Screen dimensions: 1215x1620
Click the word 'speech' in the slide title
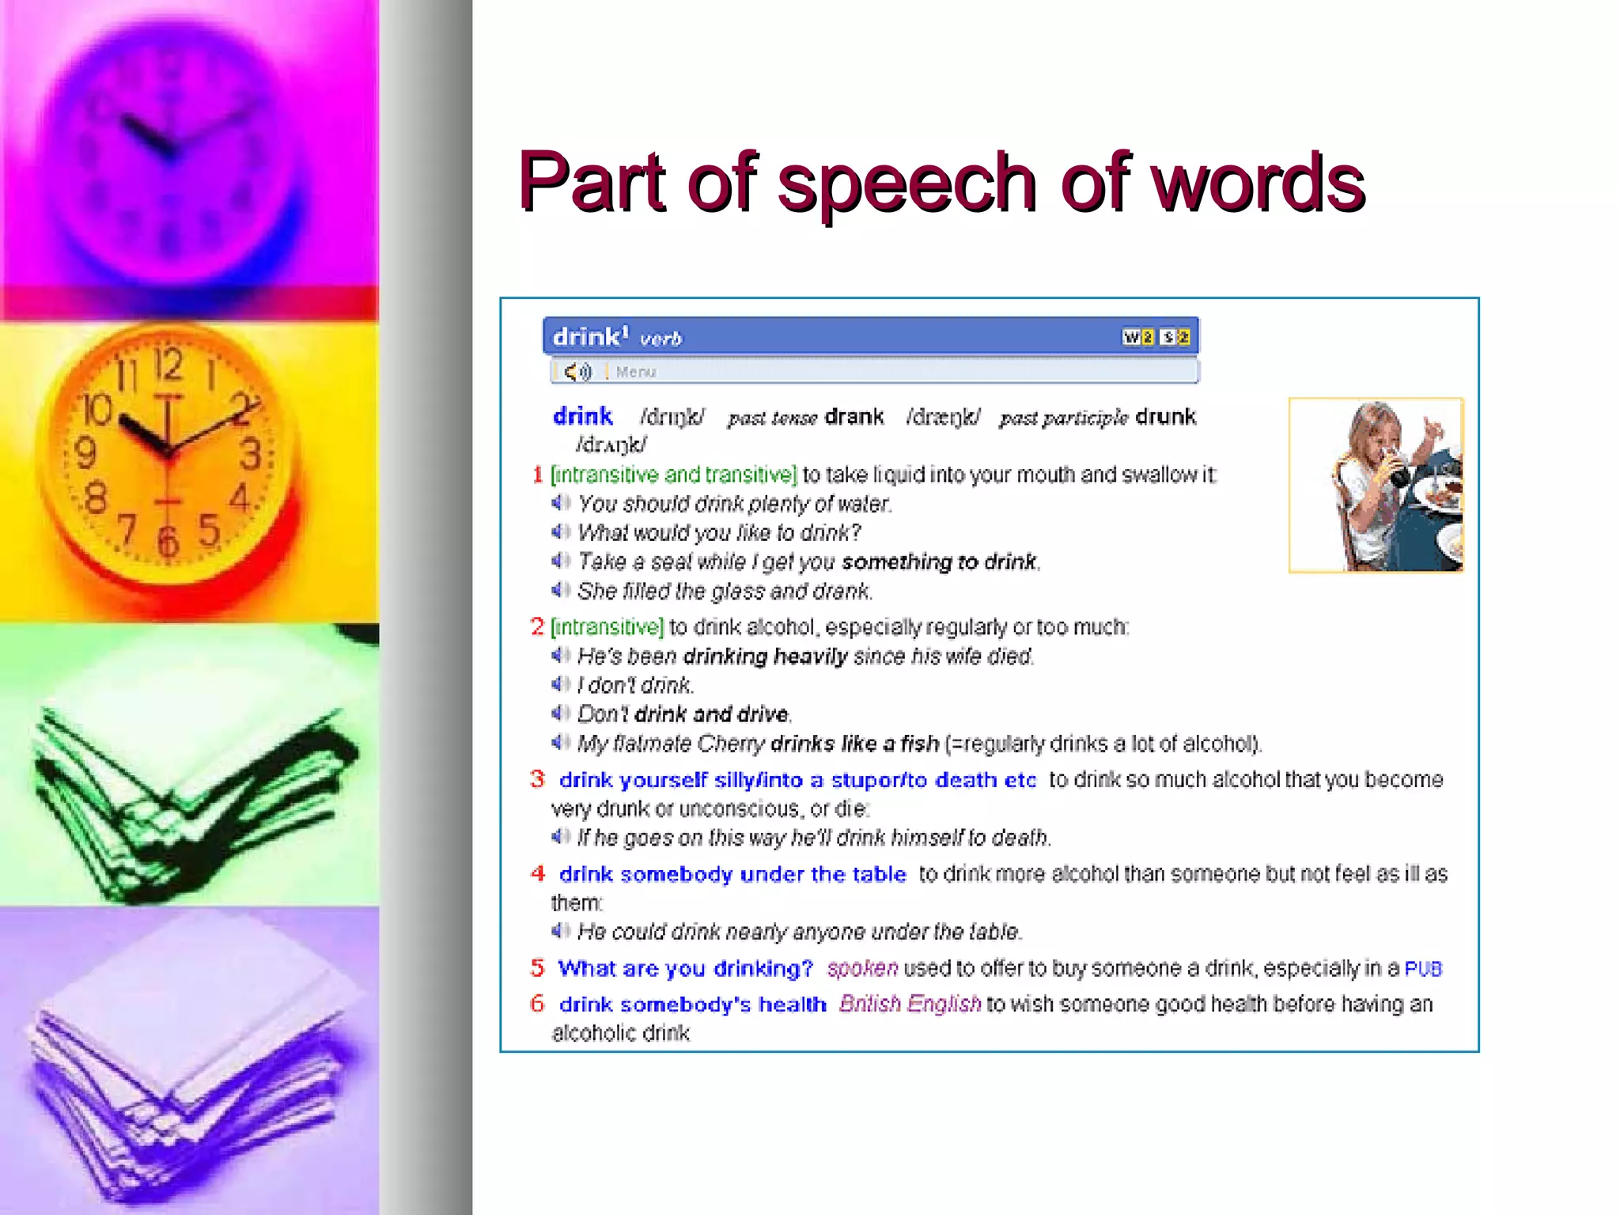pos(907,184)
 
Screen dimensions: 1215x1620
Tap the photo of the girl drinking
pos(1376,485)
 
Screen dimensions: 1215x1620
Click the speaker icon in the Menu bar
pos(577,371)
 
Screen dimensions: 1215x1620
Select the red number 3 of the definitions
pos(538,779)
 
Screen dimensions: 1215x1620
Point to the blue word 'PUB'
pos(1423,968)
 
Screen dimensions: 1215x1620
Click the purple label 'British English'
pos(910,1004)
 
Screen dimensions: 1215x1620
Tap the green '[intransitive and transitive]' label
pos(673,475)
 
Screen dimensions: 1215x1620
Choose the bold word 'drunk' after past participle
pos(1165,417)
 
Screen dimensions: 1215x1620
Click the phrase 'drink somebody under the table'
pos(732,874)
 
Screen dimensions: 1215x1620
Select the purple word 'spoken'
pos(862,968)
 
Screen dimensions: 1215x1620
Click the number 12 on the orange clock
pos(168,364)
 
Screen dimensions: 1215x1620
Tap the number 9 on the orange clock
pos(85,453)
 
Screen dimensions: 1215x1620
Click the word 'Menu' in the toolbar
pos(636,372)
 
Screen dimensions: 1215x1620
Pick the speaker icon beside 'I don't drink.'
pos(561,684)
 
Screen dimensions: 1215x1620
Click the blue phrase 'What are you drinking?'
pos(685,968)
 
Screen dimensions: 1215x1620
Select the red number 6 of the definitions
pos(538,1004)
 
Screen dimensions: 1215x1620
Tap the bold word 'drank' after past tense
pos(854,417)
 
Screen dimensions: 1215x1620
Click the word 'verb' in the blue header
pos(660,339)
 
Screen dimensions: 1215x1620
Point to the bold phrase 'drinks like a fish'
pos(854,744)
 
